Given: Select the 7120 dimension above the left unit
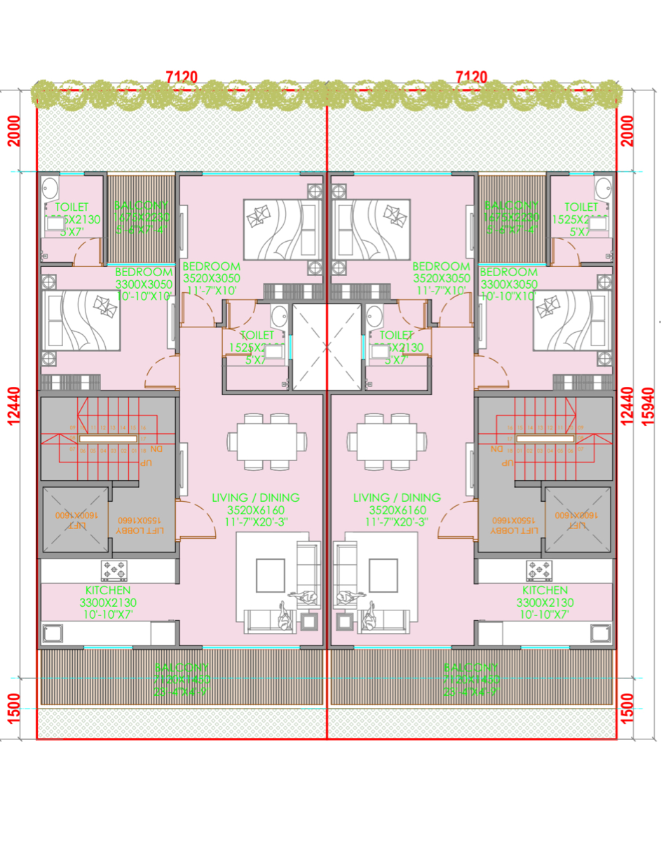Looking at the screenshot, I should [x=182, y=76].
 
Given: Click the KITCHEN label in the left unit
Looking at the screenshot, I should [x=108, y=591].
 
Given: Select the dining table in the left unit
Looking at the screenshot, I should [x=266, y=441].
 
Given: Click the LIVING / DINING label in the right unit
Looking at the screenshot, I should [x=397, y=498].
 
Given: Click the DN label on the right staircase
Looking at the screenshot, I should [x=498, y=448].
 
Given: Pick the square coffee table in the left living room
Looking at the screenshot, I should [x=270, y=575].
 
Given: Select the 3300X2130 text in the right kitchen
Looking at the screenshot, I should [x=545, y=603].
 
